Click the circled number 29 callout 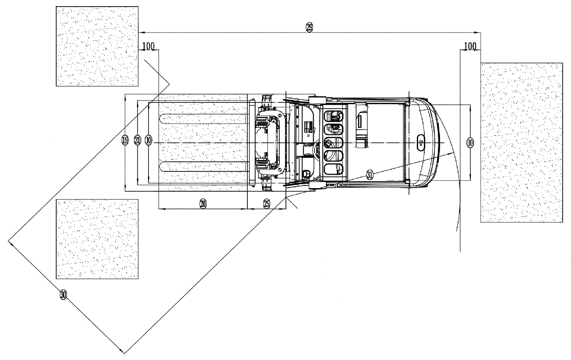pyautogui.click(x=309, y=27)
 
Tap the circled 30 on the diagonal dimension pyautogui.click(x=63, y=295)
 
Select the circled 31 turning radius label pyautogui.click(x=370, y=175)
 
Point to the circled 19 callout pyautogui.click(x=125, y=140)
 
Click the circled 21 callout pyautogui.click(x=137, y=140)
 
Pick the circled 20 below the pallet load pyautogui.click(x=203, y=204)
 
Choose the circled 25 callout pyautogui.click(x=266, y=204)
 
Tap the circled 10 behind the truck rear pyautogui.click(x=470, y=142)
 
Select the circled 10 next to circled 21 pyautogui.click(x=148, y=140)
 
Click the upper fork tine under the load pyautogui.click(x=203, y=119)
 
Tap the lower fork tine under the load pyautogui.click(x=203, y=167)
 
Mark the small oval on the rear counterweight pyautogui.click(x=421, y=142)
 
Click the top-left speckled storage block pyautogui.click(x=97, y=46)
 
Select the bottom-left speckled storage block pyautogui.click(x=97, y=239)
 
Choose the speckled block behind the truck pyautogui.click(x=521, y=142)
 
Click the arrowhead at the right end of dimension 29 pyautogui.click(x=477, y=33)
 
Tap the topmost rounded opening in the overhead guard pyautogui.click(x=333, y=116)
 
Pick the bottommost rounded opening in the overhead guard pyautogui.click(x=333, y=169)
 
